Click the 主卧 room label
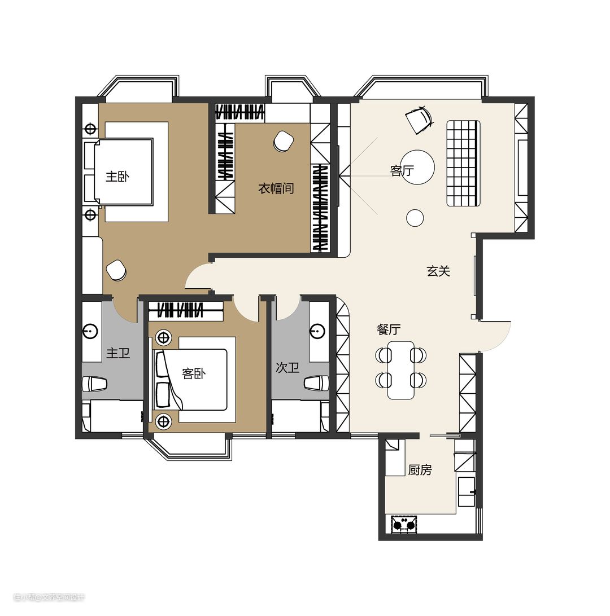117,177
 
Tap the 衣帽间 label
276,188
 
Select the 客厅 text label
402,170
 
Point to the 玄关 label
438,271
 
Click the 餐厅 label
389,329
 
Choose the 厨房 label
420,469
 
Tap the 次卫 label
287,367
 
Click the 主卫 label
118,353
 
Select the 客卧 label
194,373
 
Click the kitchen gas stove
404,524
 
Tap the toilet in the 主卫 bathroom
94,384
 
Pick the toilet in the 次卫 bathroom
317,383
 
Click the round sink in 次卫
317,331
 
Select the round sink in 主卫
90,331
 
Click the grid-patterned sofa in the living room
463,163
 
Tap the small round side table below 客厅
415,217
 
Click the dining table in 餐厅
401,370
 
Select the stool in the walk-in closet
283,141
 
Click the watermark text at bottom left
49,597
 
